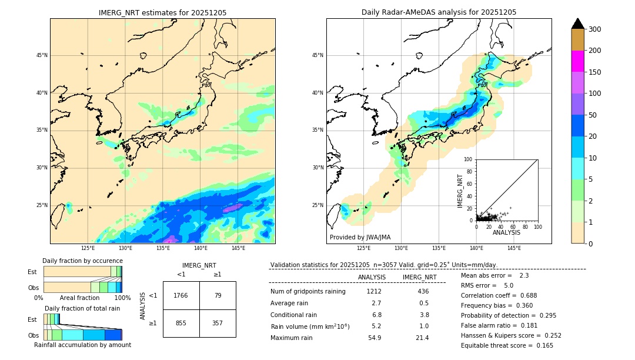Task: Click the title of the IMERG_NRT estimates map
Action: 162,12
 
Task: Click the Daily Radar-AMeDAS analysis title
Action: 439,12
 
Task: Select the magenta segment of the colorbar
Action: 578,61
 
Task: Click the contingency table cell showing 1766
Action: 181,295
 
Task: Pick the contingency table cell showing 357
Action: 218,323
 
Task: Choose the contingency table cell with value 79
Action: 218,295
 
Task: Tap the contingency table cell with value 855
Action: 181,323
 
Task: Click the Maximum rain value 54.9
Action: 375,338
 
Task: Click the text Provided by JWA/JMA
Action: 360,238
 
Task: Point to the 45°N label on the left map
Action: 41,55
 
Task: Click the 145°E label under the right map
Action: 514,248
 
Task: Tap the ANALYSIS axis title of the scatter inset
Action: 506,232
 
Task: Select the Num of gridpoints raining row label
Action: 308,291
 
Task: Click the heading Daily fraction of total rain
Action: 82,308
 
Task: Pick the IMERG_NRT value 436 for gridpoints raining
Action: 423,291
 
